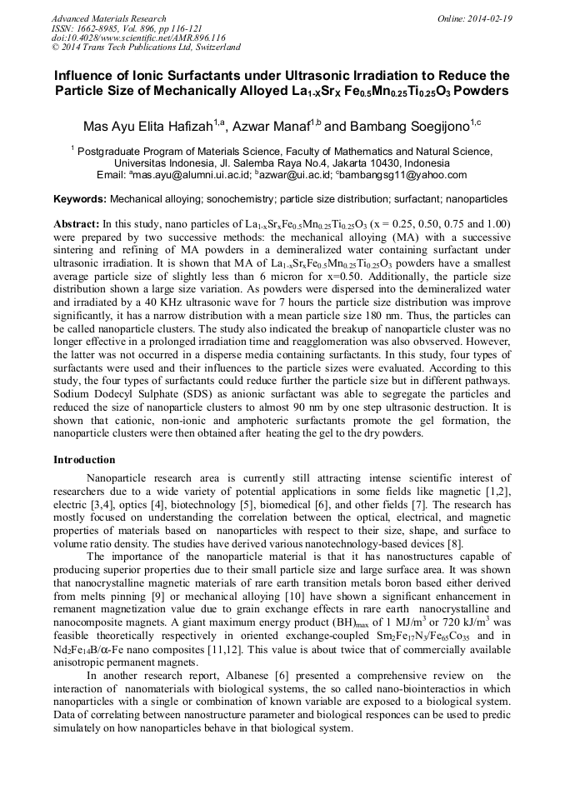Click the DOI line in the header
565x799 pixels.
click(138, 37)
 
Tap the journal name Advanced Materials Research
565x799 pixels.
click(108, 18)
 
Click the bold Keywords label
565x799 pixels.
click(80, 200)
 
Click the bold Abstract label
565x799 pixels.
click(76, 225)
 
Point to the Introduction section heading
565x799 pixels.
click(84, 460)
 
